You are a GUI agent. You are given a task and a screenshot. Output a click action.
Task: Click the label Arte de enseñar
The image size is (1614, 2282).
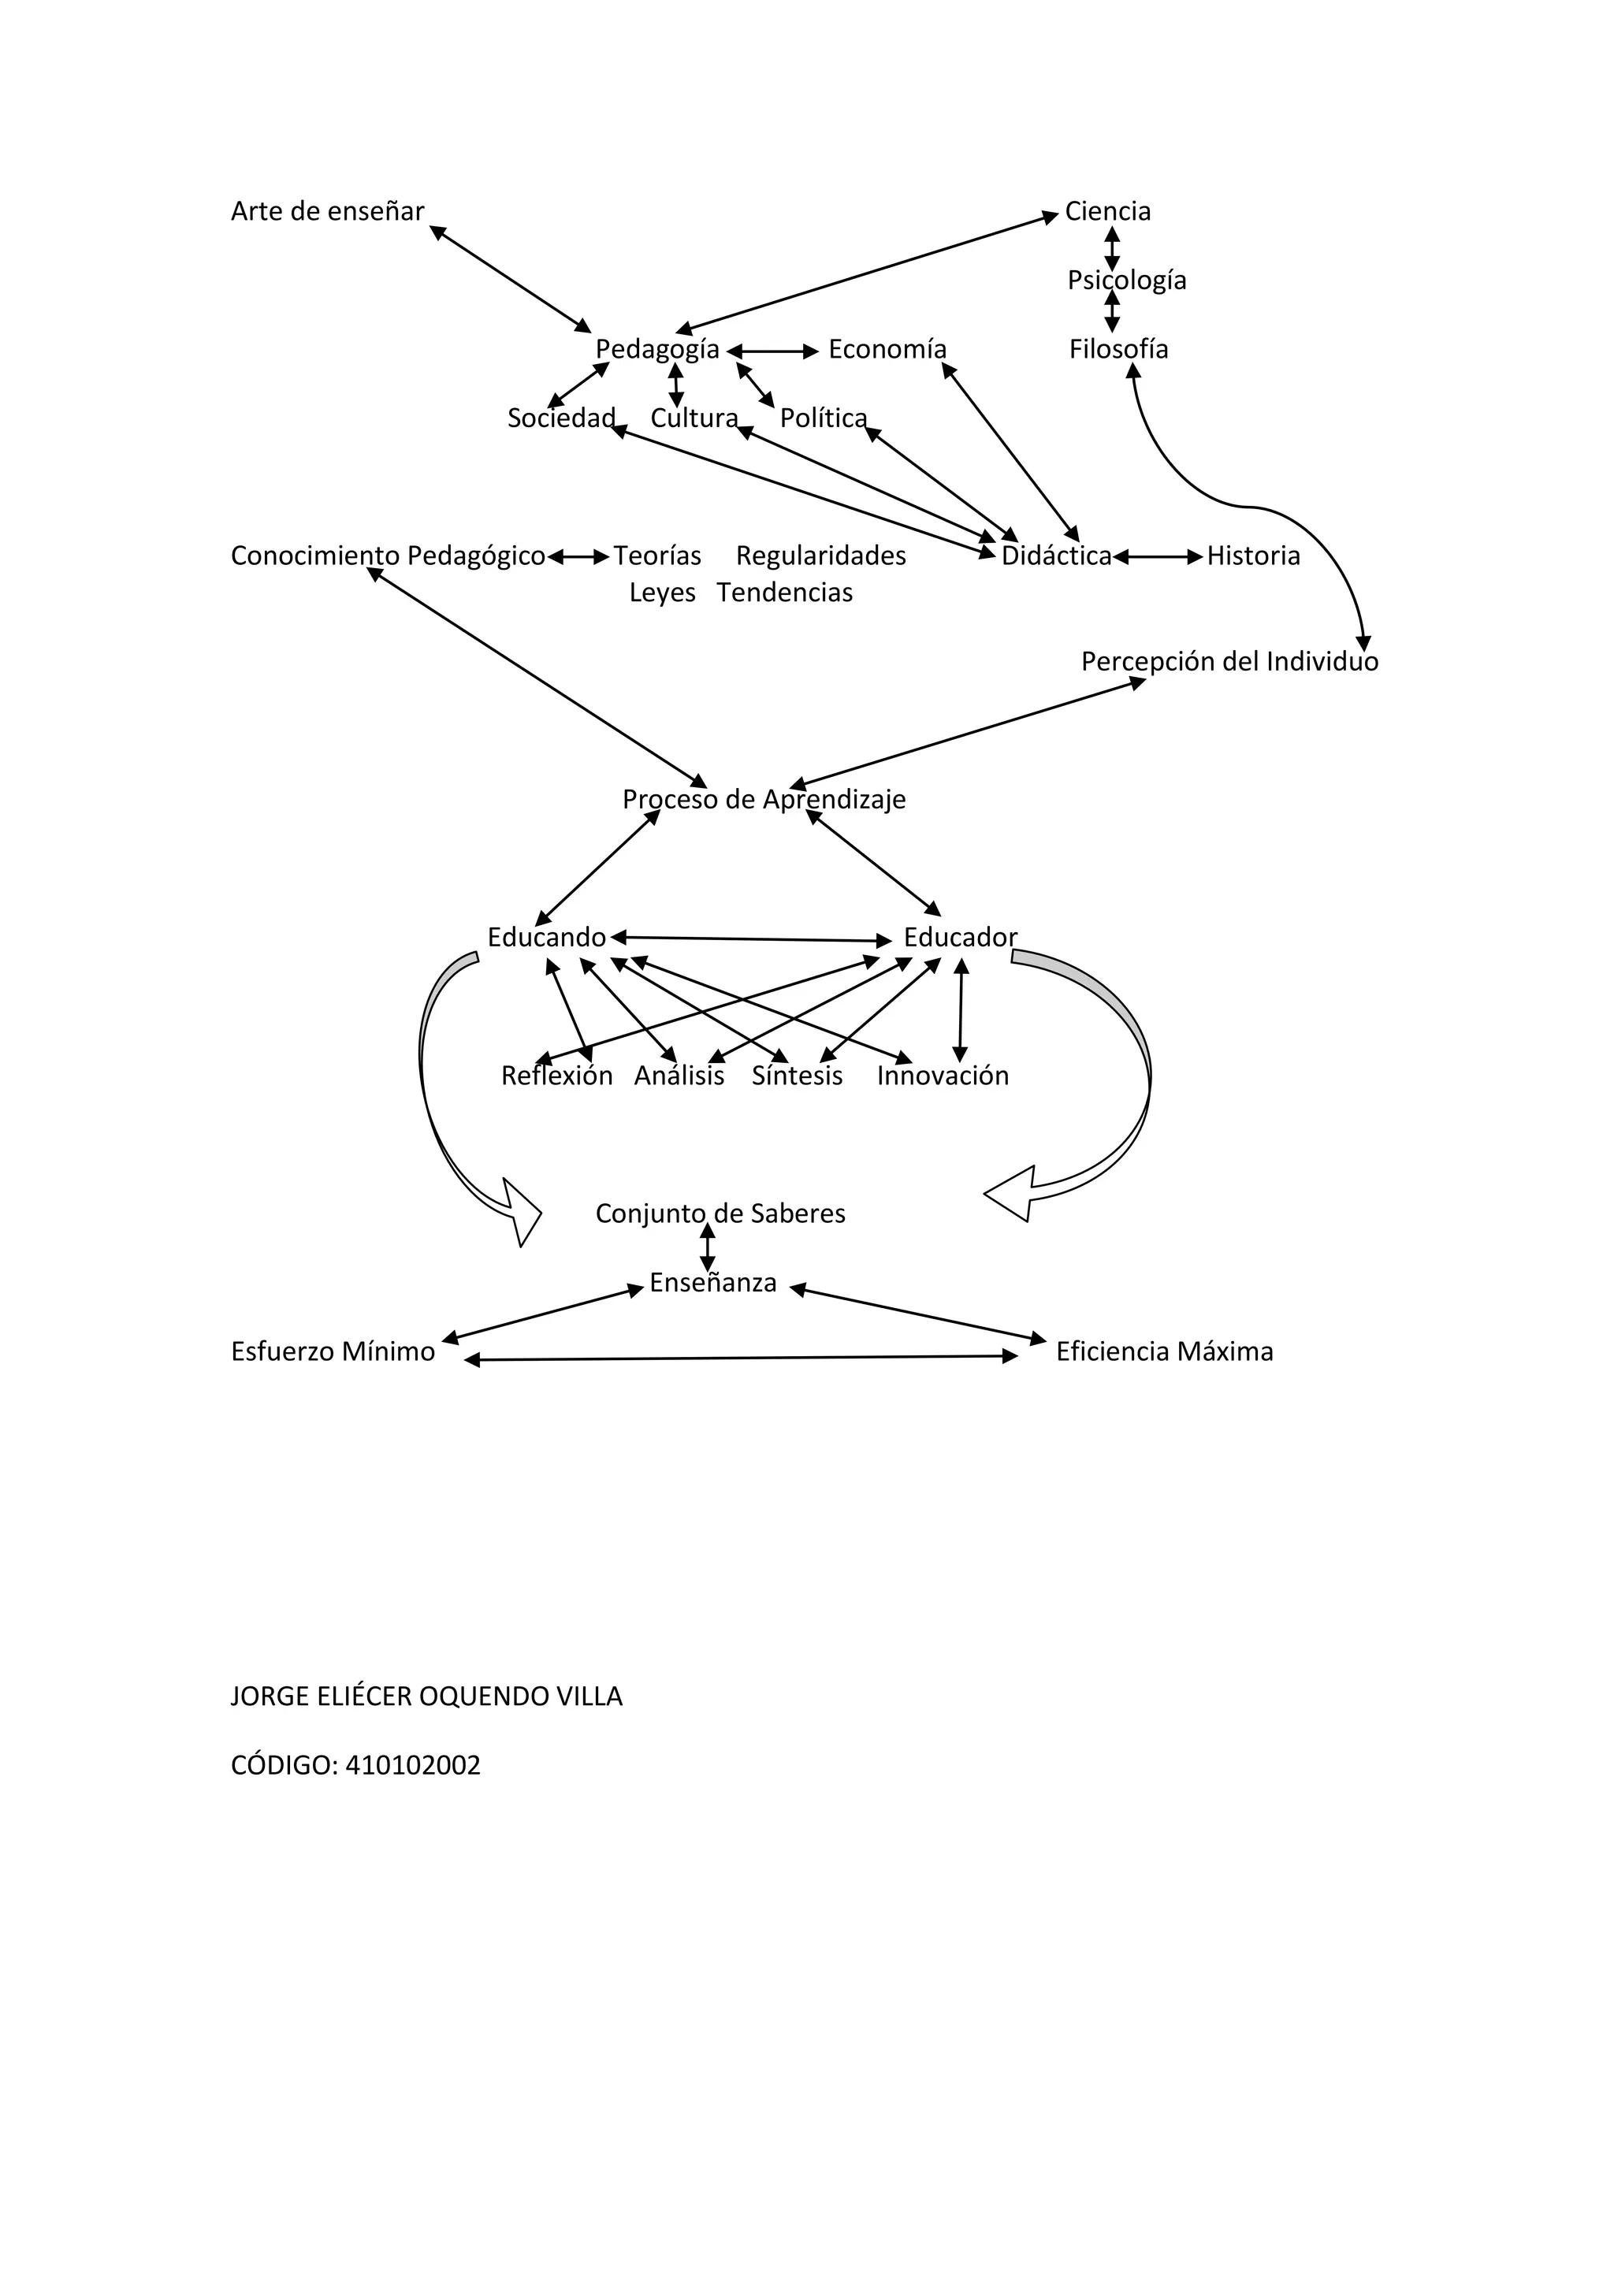327,212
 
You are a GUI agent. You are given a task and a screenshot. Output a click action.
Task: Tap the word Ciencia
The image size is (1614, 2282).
1107,212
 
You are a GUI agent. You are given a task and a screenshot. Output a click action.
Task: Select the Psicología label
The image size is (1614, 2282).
1126,281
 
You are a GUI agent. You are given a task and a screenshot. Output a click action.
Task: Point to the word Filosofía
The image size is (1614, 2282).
1118,350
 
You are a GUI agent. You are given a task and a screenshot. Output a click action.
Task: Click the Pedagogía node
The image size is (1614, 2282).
657,350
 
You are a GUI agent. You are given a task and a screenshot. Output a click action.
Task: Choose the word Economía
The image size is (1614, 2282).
887,350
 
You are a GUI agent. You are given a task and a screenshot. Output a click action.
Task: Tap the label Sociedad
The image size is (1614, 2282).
560,418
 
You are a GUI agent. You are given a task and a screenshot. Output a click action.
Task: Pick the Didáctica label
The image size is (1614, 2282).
1055,556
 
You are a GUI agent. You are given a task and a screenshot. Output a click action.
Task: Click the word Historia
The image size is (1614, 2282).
1252,556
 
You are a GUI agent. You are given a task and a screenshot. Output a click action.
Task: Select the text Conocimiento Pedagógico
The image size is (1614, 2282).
388,556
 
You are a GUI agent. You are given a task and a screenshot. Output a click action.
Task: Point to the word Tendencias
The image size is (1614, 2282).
784,593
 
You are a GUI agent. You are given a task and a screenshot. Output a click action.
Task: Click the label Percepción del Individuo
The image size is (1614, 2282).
1229,662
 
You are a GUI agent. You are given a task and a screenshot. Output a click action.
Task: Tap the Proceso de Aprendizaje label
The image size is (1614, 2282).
764,800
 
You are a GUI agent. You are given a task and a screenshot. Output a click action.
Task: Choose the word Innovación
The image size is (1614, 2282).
943,1076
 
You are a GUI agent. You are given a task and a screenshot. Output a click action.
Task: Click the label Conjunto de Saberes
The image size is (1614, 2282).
720,1213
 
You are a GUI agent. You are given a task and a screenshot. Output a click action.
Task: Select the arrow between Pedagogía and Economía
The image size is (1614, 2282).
773,351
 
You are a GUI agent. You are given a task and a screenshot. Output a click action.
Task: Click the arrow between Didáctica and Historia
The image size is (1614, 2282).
1158,558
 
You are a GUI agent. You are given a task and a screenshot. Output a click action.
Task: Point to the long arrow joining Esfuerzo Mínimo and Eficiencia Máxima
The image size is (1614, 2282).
742,1358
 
